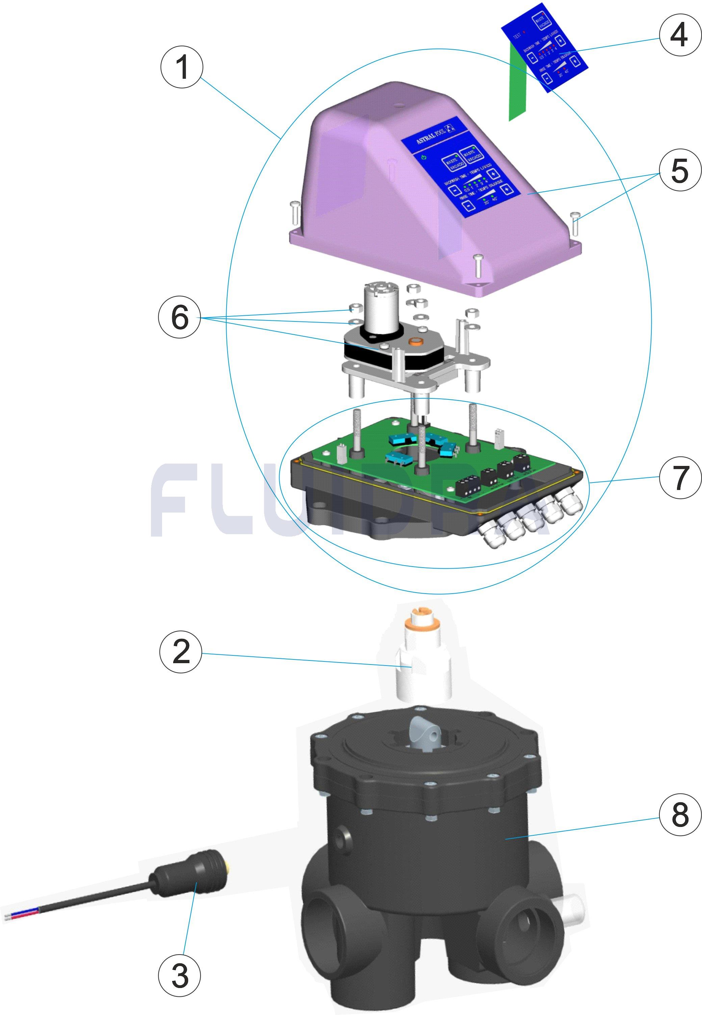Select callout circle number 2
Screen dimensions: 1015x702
click(x=181, y=652)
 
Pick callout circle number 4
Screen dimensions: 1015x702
click(x=680, y=34)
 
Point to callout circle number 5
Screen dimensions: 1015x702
click(x=680, y=170)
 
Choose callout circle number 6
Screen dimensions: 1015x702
click(x=179, y=317)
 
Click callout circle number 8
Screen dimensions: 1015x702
click(x=680, y=813)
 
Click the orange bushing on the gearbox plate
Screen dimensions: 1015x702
click(x=415, y=341)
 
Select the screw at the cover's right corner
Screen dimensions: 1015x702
click(x=576, y=223)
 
